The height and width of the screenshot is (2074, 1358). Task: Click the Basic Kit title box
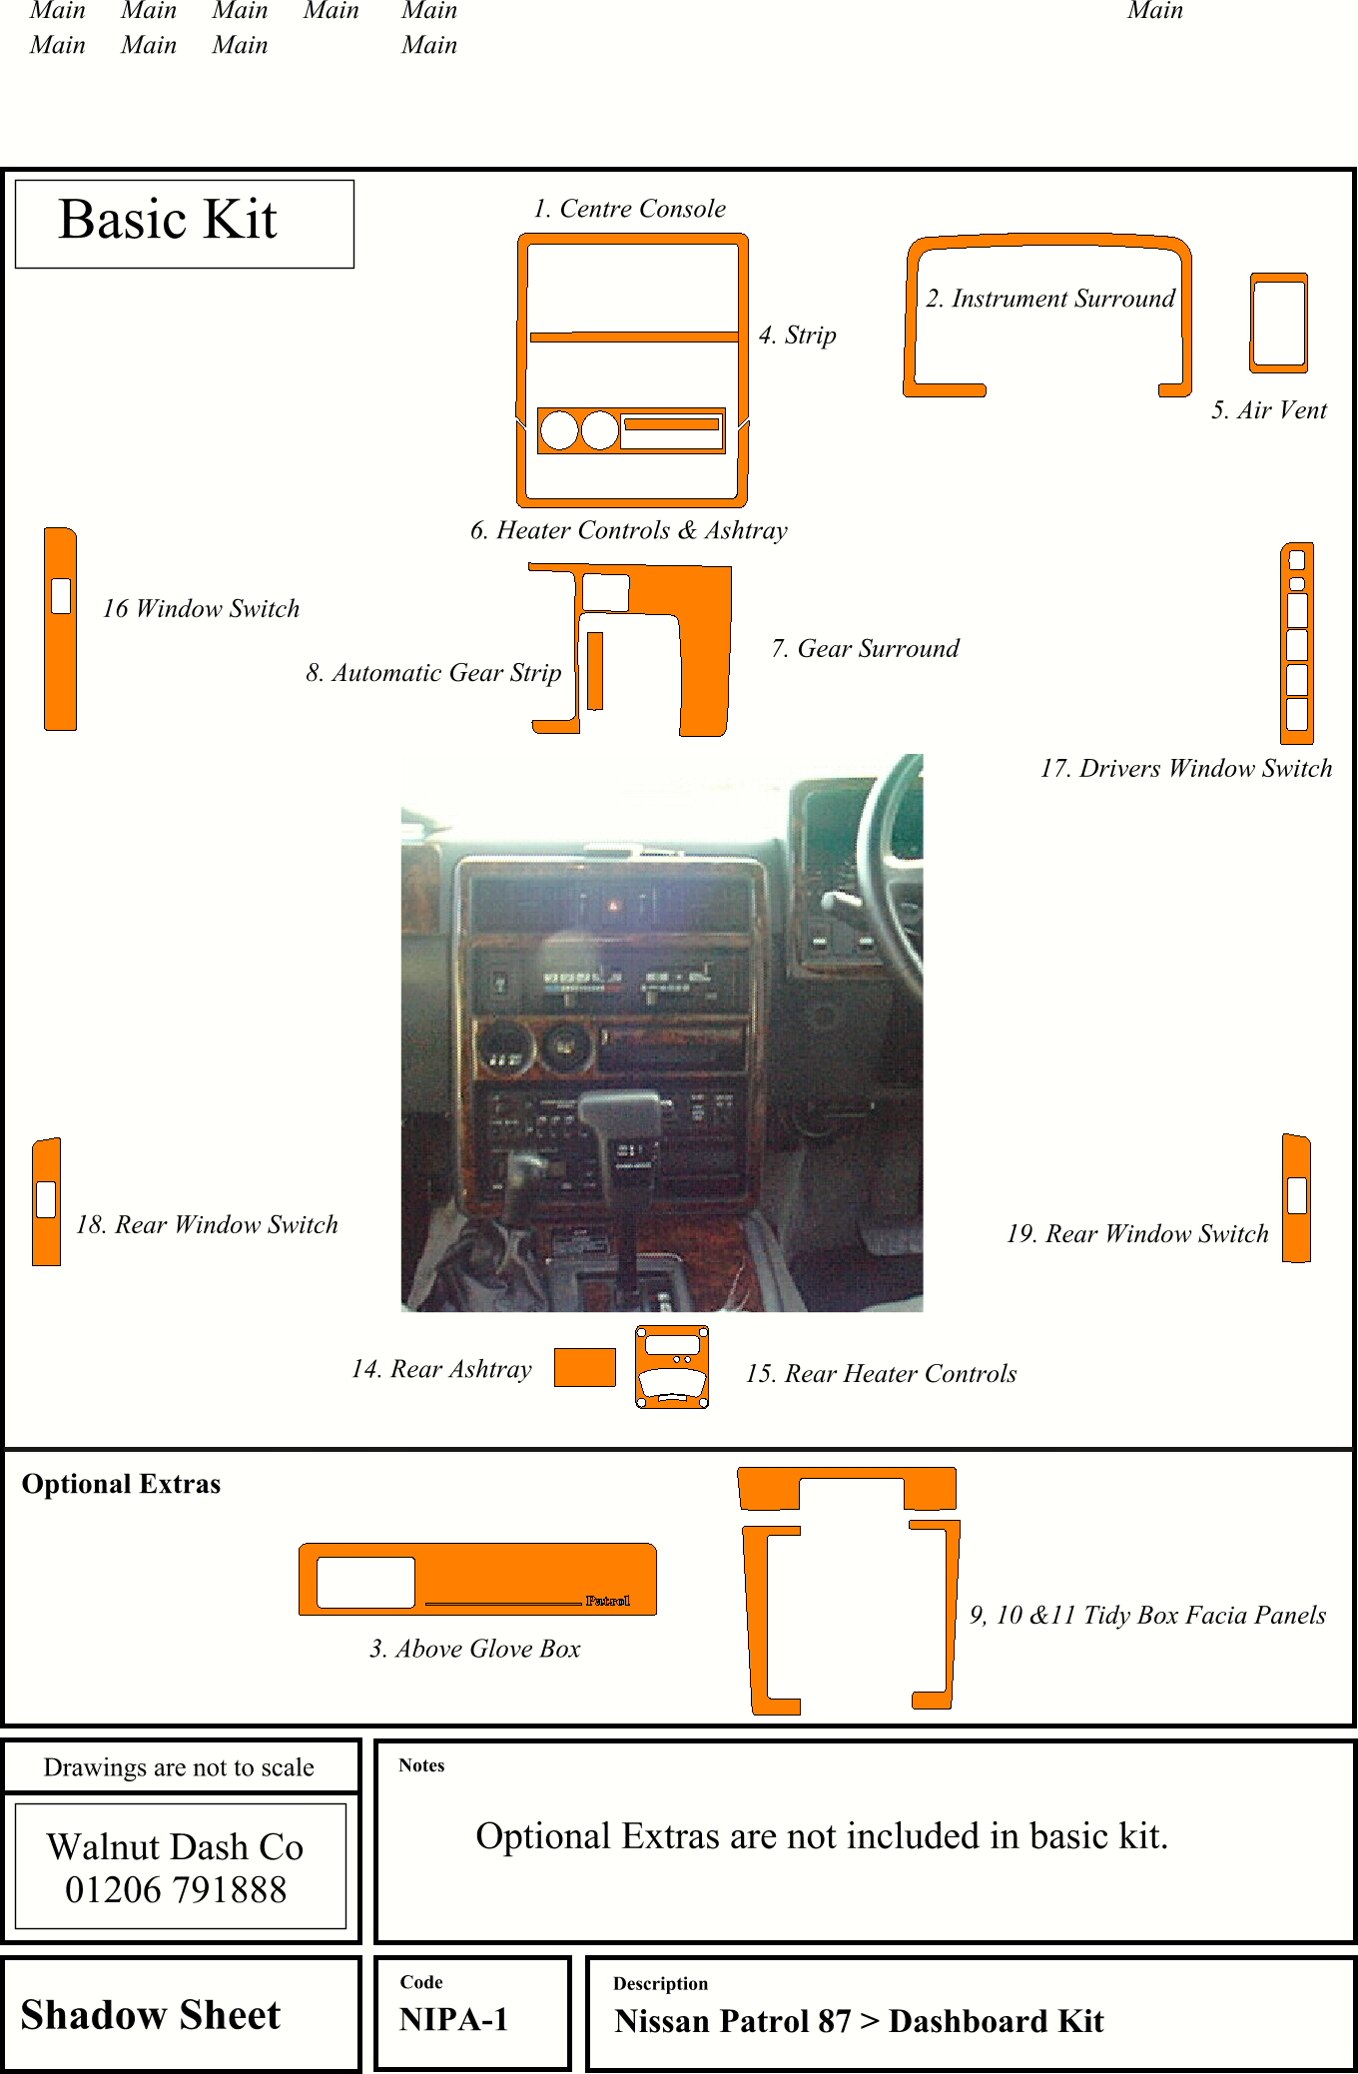185,223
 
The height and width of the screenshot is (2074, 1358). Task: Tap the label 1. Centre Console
629,209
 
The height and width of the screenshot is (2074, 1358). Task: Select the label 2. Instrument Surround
1050,299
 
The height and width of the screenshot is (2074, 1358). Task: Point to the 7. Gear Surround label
865,649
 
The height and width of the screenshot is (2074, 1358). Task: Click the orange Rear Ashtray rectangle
584,1367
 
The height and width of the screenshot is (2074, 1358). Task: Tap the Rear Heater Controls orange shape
672,1367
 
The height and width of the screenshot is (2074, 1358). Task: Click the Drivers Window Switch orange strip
1297,644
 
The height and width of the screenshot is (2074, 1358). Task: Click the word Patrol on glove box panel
607,1601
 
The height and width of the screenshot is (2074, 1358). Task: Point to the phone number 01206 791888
176,1890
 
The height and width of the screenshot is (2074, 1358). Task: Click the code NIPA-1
453,2020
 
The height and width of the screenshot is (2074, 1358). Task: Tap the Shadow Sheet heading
151,2015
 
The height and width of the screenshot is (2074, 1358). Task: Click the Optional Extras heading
121,1484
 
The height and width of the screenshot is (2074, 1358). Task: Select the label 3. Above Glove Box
475,1649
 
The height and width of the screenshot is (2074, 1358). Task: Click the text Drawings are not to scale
179,1767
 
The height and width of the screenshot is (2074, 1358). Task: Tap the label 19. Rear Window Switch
1137,1234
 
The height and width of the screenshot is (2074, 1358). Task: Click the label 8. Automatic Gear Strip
433,673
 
